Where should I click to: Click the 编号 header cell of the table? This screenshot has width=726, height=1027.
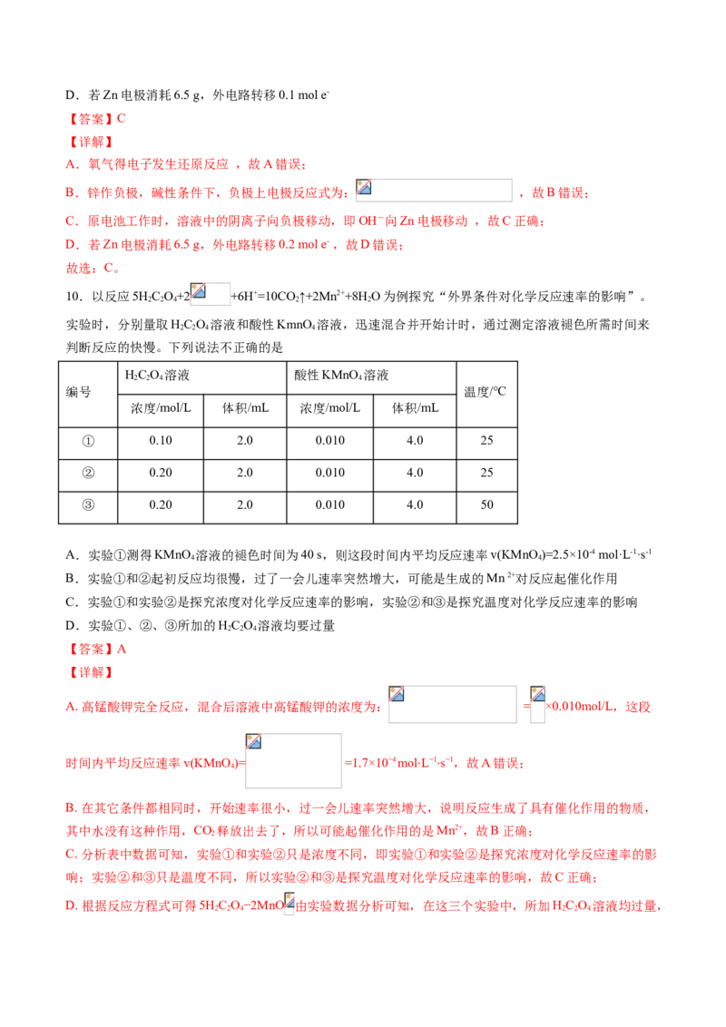79,392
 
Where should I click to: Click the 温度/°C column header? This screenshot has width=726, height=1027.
485,392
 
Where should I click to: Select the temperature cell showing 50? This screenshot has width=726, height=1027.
486,505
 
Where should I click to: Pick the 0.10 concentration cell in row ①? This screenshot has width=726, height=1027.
161,441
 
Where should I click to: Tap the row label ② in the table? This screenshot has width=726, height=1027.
88,473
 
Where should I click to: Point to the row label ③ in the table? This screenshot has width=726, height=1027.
88,505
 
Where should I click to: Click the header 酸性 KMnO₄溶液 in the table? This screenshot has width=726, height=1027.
341,376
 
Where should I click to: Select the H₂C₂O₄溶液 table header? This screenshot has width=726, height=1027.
157,376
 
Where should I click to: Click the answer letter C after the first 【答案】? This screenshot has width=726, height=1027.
122,119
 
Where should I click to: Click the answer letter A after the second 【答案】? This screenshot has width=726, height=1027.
122,649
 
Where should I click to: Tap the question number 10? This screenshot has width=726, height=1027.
74,297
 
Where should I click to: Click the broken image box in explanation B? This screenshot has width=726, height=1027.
434,190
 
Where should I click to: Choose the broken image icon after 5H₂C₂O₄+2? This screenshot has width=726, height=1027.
210,294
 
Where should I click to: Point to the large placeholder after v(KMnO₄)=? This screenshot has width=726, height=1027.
293,760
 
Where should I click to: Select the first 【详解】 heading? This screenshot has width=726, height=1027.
91,142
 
